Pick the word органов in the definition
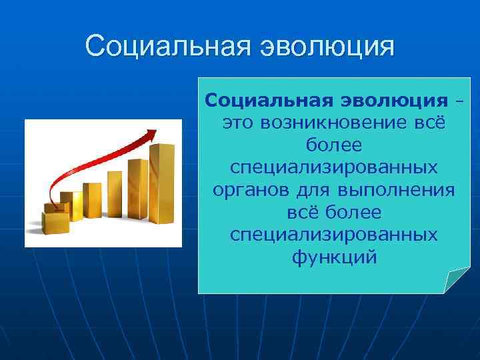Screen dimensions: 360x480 point(247,190)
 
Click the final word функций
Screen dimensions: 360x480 point(334,257)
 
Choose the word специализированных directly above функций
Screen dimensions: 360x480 point(334,235)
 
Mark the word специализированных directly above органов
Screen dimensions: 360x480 point(334,167)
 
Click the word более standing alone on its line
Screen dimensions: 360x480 point(334,145)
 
